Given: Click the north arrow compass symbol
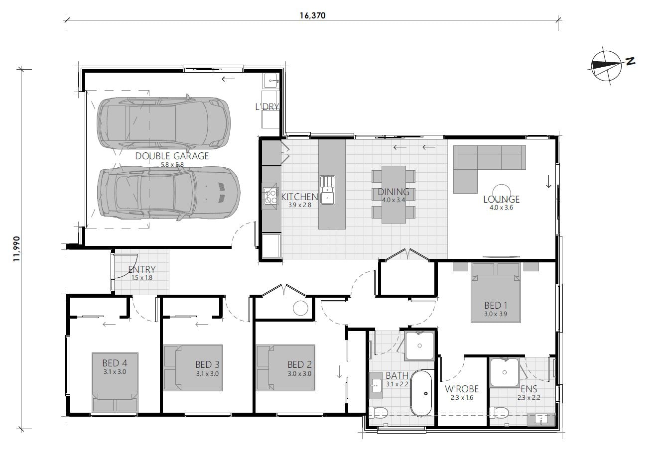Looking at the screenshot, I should coord(606,65).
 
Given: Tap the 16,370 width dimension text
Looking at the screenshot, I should coord(312,15).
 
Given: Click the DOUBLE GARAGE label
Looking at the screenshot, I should coord(172,156).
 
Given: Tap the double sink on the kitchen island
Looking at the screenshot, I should coord(327,190).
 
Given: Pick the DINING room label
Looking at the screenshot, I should coord(393,192).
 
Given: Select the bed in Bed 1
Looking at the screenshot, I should coord(496,299).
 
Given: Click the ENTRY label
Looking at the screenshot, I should coord(142,269).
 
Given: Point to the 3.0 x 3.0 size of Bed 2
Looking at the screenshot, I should coord(299,373).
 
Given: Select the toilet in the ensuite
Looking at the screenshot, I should coord(500,413).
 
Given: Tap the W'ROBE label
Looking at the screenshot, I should coord(462,389).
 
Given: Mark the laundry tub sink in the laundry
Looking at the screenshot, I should coord(271,79).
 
